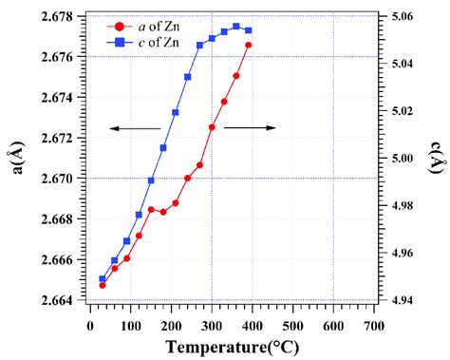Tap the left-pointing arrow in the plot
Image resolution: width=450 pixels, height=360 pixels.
[133, 128]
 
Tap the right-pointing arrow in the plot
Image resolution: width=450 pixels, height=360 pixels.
[250, 126]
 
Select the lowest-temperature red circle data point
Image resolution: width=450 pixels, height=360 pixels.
[103, 285]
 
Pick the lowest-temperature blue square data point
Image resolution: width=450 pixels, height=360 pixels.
[103, 279]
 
